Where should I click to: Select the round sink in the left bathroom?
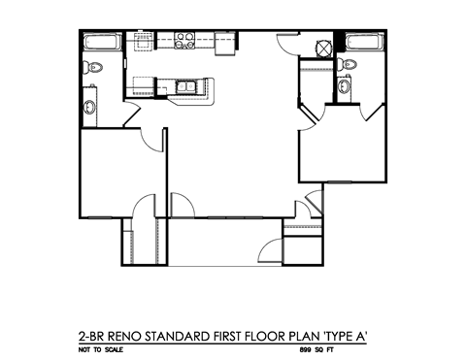[x=88, y=106]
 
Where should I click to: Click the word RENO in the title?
[x=138, y=336]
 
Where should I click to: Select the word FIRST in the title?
[x=241, y=336]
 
